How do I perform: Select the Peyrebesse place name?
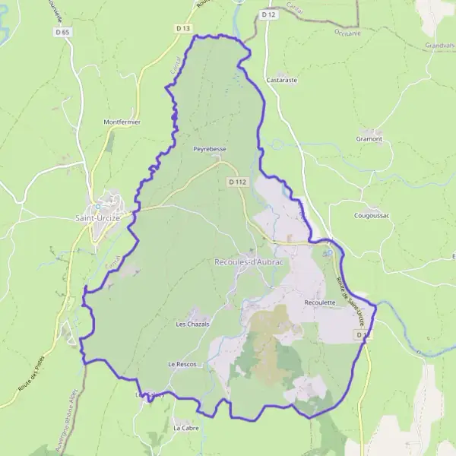(210, 150)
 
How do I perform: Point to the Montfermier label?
(122, 122)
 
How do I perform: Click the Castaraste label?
(282, 79)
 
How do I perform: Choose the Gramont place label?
(369, 139)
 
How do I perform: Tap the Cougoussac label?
(372, 216)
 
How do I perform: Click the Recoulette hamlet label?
(319, 302)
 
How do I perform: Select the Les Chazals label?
(192, 325)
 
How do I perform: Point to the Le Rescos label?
(182, 365)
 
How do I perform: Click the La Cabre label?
(185, 428)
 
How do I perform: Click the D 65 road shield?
(62, 33)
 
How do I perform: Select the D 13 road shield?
(182, 28)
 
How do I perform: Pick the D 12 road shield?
(267, 14)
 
